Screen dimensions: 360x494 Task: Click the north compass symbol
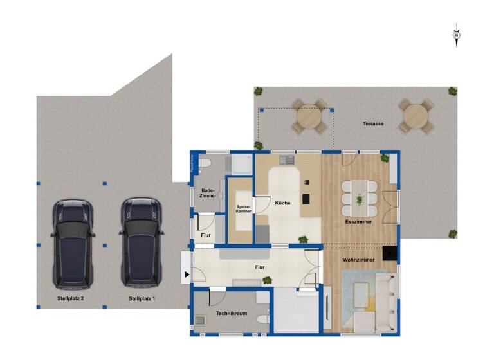click(456, 35)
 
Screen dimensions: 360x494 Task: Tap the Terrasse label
click(373, 123)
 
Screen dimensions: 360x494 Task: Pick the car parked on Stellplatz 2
click(73, 242)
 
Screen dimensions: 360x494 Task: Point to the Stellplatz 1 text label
click(142, 299)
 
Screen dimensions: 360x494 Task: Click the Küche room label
click(282, 203)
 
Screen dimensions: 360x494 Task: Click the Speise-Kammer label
click(243, 208)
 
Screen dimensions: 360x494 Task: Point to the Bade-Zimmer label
click(208, 193)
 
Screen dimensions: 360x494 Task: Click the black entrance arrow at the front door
click(187, 275)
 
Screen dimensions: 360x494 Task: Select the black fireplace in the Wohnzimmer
click(390, 253)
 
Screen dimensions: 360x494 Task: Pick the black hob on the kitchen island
click(306, 198)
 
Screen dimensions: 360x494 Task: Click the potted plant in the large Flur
click(266, 280)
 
